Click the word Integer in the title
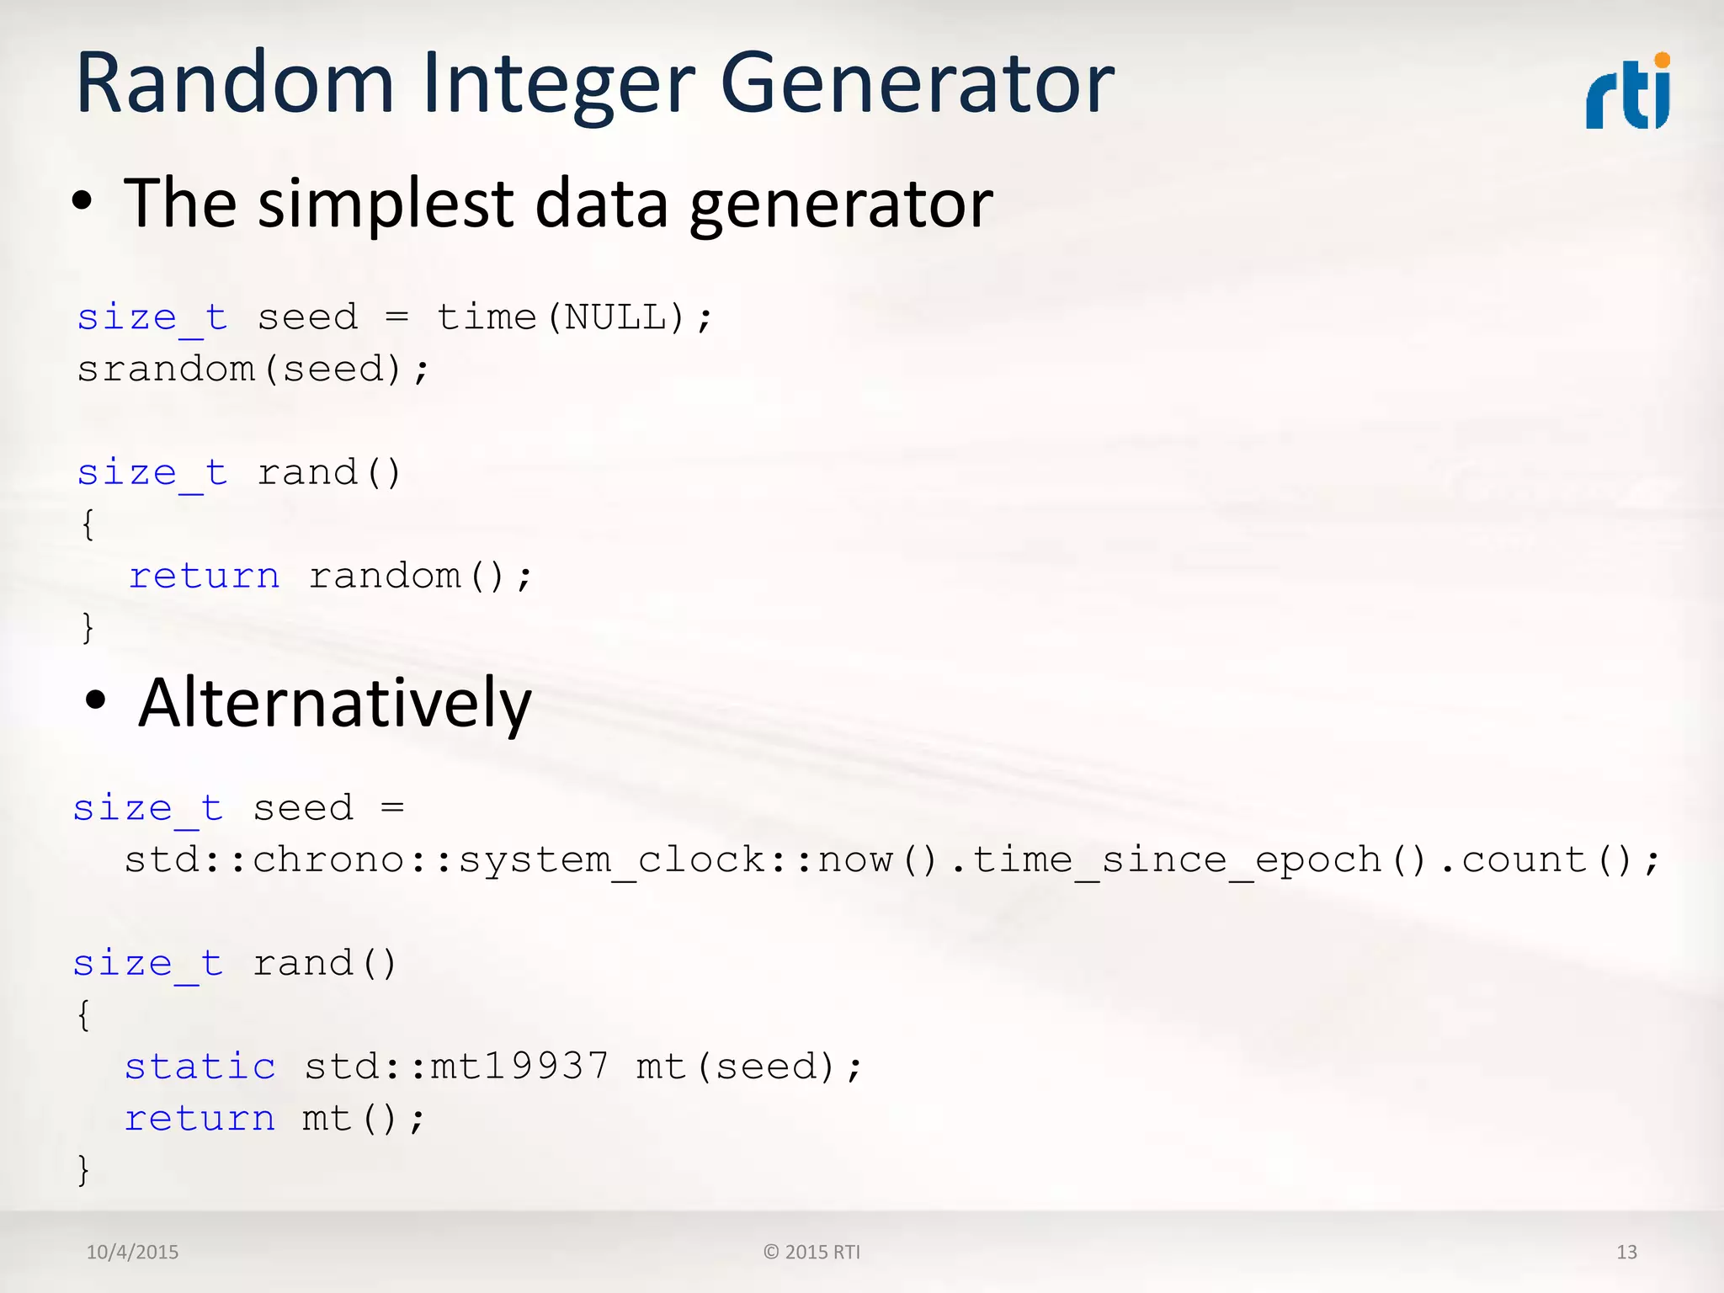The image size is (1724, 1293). coord(559,84)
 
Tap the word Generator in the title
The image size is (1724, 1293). coord(918,84)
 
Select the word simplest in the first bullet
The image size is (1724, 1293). coord(386,205)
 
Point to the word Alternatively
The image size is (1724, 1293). coord(335,703)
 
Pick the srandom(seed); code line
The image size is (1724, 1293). coord(253,370)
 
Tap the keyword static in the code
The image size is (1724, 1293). coord(200,1067)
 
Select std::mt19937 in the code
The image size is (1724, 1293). coord(456,1067)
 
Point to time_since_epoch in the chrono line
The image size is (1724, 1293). coord(1177,860)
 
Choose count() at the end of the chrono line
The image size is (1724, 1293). coord(1547,860)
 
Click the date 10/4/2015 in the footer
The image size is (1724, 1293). coord(132,1252)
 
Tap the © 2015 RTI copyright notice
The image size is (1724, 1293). coord(811,1252)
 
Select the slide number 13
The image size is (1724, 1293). coord(1626,1252)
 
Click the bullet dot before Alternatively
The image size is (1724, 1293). coord(96,700)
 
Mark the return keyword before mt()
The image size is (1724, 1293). coord(200,1119)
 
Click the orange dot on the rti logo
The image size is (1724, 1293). coord(1662,60)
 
